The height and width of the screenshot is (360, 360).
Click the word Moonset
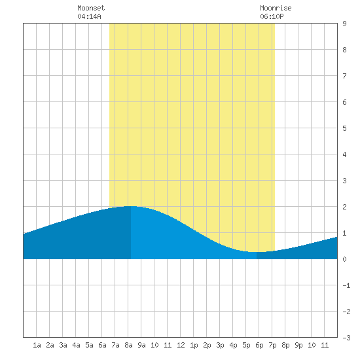[91, 8]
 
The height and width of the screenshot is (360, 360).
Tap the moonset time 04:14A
[89, 16]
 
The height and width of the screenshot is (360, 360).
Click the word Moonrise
[276, 8]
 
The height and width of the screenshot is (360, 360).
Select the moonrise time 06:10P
[272, 16]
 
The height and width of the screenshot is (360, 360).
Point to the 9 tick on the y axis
[344, 24]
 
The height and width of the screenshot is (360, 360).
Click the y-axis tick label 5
[344, 128]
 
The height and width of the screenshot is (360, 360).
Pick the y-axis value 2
[344, 207]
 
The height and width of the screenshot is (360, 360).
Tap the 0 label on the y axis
[344, 259]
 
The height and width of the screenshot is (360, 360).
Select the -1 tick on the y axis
[346, 285]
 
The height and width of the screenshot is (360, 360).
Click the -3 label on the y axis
[346, 338]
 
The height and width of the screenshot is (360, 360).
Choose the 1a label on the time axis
[37, 345]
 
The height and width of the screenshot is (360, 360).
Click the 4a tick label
[76, 345]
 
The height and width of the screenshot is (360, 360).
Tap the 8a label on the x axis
[128, 345]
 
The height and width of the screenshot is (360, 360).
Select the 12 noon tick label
[181, 345]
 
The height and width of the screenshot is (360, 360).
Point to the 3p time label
[220, 345]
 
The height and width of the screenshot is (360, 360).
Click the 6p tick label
[259, 345]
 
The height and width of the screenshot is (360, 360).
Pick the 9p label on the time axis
[298, 345]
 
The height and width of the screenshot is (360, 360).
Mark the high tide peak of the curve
[131, 206]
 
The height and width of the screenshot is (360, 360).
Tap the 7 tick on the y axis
[344, 76]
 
